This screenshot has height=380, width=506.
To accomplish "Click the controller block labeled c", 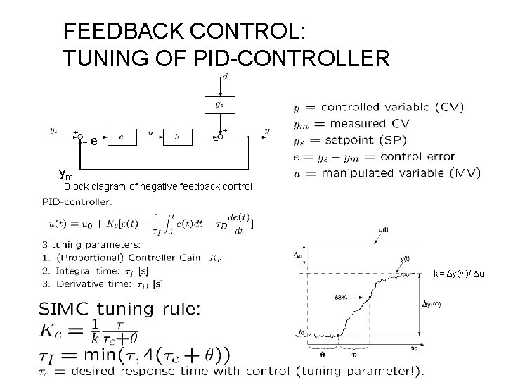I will coord(121,137).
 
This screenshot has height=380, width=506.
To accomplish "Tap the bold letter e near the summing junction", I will coord(93,141).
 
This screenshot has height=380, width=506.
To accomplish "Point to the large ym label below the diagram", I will coord(65,173).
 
